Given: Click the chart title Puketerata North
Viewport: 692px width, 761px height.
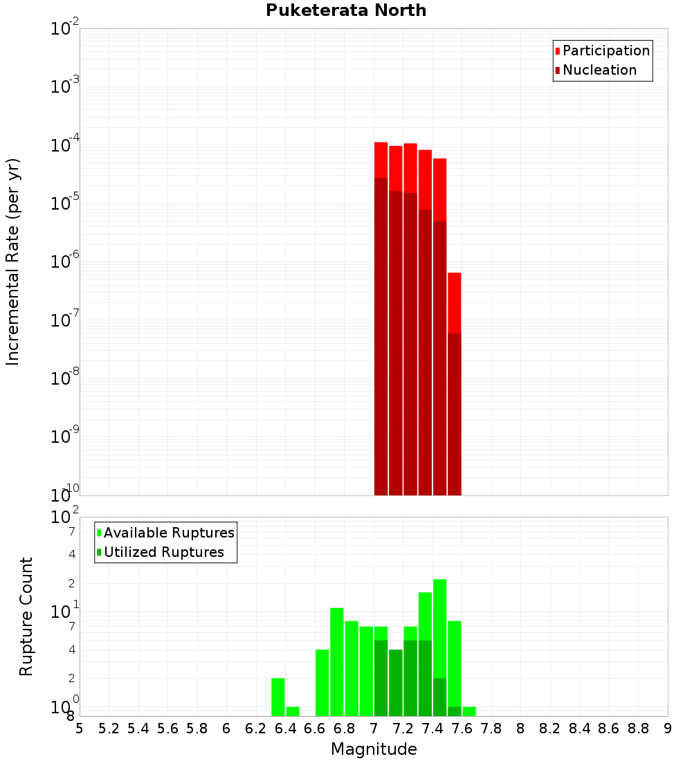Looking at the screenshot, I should [346, 10].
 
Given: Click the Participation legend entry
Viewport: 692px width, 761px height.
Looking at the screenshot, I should [606, 51].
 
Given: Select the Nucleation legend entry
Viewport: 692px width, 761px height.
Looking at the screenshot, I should [599, 70].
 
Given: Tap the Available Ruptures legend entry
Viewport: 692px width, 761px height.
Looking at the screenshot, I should [169, 533].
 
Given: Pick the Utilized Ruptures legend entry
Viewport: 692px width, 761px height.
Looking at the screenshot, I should [163, 552].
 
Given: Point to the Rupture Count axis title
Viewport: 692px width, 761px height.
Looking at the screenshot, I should [26, 616].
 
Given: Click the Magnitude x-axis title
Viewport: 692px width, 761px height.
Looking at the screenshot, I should [374, 749].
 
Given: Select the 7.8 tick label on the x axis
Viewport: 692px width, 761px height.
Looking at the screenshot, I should [491, 728].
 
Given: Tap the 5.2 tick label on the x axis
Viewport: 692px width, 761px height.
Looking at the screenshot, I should [109, 728].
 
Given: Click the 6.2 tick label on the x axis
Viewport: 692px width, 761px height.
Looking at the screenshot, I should [256, 728].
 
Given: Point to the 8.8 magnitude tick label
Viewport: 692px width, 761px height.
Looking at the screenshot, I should [638, 728].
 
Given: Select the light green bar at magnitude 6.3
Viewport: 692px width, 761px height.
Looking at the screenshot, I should [277, 697].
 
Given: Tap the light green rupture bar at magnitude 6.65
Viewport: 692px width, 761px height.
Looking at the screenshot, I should [322, 682].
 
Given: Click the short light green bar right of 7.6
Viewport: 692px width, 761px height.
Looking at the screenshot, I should [469, 711].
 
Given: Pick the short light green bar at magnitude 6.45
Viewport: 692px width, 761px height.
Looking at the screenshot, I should [293, 711].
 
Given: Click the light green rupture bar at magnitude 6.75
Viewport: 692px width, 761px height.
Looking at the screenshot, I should [337, 661].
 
